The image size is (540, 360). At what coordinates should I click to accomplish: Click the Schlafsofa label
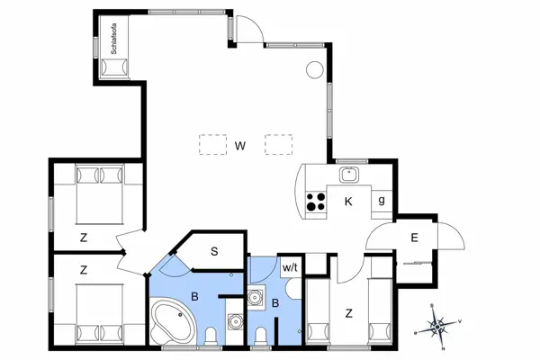[114, 39]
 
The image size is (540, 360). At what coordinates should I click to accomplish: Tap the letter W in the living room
[240, 146]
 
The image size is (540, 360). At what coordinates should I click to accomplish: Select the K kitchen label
[348, 202]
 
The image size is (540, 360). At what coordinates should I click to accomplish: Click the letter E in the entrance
[415, 238]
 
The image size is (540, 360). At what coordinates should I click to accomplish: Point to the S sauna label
[214, 251]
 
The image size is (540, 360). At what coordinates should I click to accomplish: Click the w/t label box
[290, 267]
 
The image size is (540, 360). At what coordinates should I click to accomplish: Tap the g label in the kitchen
[382, 200]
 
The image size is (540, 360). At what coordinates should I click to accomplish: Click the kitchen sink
[349, 175]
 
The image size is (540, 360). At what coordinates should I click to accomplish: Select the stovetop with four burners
[316, 202]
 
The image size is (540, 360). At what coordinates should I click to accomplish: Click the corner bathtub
[172, 321]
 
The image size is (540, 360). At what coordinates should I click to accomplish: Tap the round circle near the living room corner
[315, 70]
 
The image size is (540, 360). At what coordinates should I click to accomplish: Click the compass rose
[437, 326]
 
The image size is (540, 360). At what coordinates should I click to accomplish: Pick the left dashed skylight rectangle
[212, 144]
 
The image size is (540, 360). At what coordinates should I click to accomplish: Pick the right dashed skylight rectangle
[279, 144]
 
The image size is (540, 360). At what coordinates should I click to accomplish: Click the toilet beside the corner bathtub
[211, 337]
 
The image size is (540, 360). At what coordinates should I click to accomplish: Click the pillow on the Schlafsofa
[114, 67]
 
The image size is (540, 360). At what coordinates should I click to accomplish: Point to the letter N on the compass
[443, 348]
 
